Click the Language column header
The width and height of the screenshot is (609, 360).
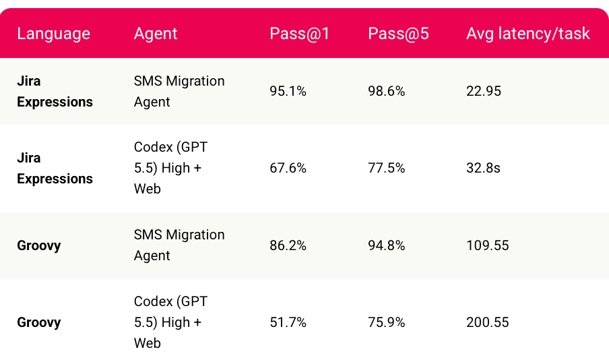pyautogui.click(x=54, y=34)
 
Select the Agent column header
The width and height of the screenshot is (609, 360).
pyautogui.click(x=156, y=34)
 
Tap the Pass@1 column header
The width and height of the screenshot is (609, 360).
pyautogui.click(x=300, y=34)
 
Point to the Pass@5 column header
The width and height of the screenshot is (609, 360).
pyautogui.click(x=398, y=34)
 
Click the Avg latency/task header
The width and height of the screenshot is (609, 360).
pyautogui.click(x=528, y=34)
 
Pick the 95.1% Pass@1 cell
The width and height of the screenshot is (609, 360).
pyautogui.click(x=288, y=91)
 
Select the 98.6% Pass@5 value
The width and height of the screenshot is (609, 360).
pyautogui.click(x=387, y=91)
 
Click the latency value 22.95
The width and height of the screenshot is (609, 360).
pyautogui.click(x=484, y=91)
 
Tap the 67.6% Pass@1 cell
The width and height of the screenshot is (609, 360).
pyautogui.click(x=288, y=168)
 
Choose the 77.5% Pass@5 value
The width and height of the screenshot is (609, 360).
pyautogui.click(x=387, y=168)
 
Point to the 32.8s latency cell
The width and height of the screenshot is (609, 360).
pyautogui.click(x=483, y=168)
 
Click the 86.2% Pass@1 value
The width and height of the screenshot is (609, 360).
pyautogui.click(x=288, y=245)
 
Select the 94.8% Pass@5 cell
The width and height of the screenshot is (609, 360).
pyautogui.click(x=387, y=245)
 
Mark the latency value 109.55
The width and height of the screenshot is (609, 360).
pyautogui.click(x=488, y=245)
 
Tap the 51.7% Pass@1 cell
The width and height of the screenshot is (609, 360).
pyautogui.click(x=288, y=322)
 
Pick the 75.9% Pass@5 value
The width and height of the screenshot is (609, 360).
pyautogui.click(x=387, y=322)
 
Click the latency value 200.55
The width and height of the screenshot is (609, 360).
pyautogui.click(x=488, y=322)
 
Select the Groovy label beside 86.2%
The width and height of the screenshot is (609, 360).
pyautogui.click(x=39, y=245)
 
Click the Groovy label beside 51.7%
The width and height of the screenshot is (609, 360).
pyautogui.click(x=39, y=323)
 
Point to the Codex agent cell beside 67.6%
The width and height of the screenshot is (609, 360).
pyautogui.click(x=171, y=168)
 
